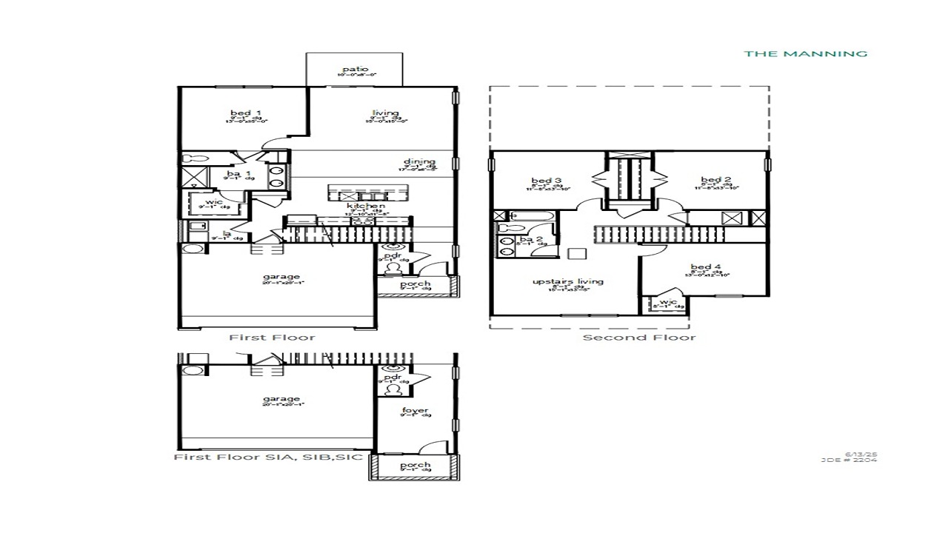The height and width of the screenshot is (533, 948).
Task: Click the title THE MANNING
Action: point(805,53)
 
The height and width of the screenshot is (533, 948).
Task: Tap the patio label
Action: point(355,70)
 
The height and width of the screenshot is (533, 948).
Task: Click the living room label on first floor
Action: point(385,113)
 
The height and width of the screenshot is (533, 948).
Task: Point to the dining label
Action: point(419,162)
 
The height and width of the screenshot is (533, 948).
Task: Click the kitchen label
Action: point(367,206)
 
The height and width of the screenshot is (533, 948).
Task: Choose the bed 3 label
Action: point(547,181)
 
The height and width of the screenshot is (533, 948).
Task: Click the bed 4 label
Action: point(706,267)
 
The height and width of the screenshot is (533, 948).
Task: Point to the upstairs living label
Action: point(568,281)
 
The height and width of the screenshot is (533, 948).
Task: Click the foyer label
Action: point(415,411)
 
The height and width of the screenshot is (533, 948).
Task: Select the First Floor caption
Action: point(272,338)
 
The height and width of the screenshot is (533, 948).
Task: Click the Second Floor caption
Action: point(639,338)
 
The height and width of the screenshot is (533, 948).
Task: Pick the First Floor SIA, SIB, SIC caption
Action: point(268,457)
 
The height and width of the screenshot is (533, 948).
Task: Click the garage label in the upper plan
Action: point(281,278)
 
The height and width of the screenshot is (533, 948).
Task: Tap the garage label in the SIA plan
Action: point(281,399)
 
